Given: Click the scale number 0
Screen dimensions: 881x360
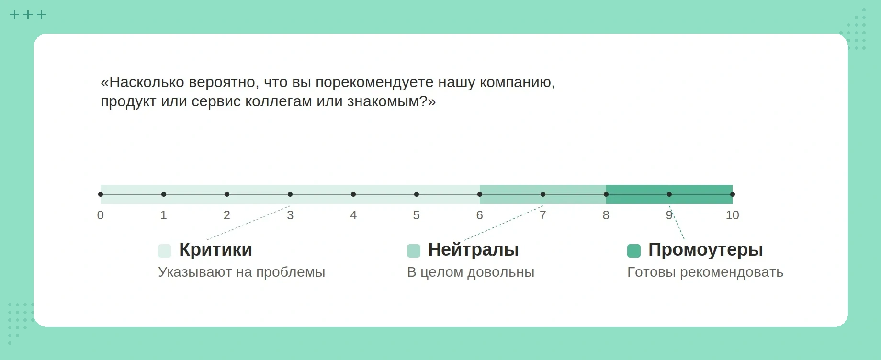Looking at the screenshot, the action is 101,215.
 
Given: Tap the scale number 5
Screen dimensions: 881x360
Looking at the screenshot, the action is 417,215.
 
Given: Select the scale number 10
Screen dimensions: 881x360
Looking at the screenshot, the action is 732,215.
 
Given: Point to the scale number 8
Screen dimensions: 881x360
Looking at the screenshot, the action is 606,215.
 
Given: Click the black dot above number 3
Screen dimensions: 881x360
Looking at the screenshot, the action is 290,194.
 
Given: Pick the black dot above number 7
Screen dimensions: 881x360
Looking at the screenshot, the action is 543,194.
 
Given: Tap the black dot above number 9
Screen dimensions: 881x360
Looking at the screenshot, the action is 669,194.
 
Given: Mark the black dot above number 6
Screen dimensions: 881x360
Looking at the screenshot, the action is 480,194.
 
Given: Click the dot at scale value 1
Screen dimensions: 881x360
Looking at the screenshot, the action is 164,194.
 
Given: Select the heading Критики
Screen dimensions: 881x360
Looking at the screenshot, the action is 215,250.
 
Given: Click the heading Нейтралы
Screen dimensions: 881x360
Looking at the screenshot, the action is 474,250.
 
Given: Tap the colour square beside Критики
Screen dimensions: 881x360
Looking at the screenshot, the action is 165,251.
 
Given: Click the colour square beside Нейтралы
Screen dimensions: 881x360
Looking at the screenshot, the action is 414,251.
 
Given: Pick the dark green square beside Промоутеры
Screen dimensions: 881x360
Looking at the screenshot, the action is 634,251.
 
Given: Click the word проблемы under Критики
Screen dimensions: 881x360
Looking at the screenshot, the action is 291,272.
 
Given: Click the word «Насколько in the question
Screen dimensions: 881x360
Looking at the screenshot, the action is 142,82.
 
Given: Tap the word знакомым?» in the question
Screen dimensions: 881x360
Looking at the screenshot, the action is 391,101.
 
